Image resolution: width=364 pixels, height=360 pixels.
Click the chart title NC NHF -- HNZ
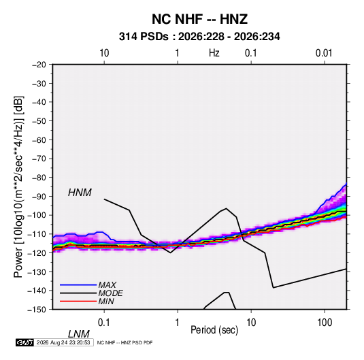point(199,19)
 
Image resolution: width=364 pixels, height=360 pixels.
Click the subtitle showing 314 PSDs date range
point(199,37)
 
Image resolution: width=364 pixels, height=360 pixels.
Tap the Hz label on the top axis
point(214,53)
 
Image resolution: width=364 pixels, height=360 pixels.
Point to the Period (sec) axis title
point(214,330)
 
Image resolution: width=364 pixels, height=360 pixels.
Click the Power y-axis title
point(18,186)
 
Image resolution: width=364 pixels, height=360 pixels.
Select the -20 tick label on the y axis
point(39,65)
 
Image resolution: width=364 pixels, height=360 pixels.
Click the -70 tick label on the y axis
point(39,159)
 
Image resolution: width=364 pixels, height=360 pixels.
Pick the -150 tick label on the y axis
point(37,310)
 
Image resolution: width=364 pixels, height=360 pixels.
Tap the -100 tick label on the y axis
point(37,215)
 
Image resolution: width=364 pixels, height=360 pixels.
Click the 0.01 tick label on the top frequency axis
point(324,53)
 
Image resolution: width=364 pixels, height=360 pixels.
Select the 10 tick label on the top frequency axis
point(104,53)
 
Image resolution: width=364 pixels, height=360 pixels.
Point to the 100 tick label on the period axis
point(325,323)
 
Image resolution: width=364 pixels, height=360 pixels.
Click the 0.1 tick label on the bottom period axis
point(103,323)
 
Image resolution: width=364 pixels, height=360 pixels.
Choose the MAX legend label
point(107,284)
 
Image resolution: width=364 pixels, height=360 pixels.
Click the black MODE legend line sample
point(78,293)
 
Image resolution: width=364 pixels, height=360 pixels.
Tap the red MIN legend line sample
point(78,301)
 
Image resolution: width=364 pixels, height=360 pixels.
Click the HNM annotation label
point(80,193)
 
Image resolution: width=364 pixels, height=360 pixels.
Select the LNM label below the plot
point(79,334)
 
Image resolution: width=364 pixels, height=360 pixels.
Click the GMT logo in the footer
point(25,342)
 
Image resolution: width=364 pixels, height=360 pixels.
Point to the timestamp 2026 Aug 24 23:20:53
point(63,342)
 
